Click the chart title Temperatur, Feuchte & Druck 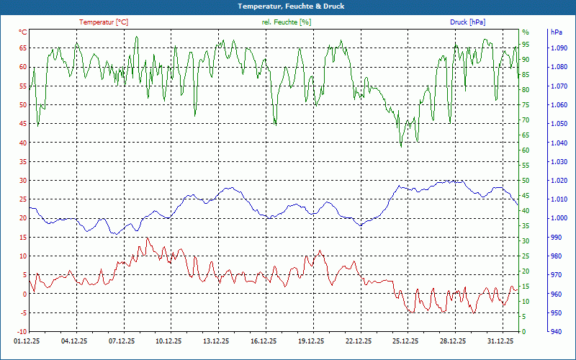[x=288, y=6]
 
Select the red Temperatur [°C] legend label [x=104, y=22]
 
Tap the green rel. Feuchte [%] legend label [x=287, y=22]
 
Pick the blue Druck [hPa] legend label [x=467, y=22]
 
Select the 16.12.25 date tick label [x=264, y=341]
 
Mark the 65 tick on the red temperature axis [x=22, y=48]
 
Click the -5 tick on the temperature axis [x=23, y=312]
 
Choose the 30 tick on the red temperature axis [x=22, y=181]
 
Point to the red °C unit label [x=22, y=32]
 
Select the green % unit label [x=526, y=32]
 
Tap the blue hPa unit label [x=557, y=32]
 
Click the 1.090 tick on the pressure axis [x=558, y=48]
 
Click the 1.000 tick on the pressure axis [x=558, y=218]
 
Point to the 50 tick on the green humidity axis [x=526, y=181]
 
